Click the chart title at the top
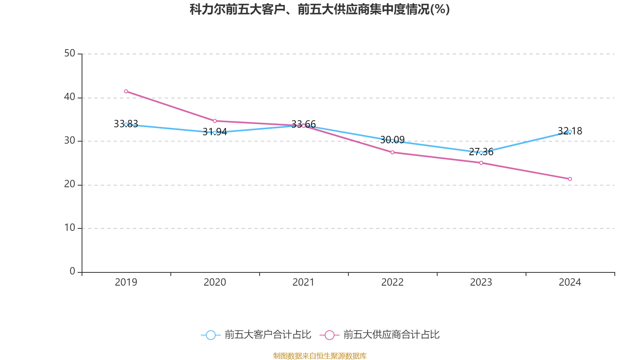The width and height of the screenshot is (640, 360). pos(319,9)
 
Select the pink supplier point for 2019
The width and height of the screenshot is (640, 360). pos(126,91)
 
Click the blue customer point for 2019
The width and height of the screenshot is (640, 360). pos(126,124)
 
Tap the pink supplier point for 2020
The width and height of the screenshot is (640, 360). pos(215,121)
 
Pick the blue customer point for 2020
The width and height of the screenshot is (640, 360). pos(215,132)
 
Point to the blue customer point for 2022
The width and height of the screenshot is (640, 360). pos(392,141)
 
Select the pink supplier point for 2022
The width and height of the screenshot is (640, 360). pos(392,152)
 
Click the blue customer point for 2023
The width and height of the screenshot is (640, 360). pos(481,152)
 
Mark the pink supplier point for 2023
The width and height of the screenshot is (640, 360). pos(481,163)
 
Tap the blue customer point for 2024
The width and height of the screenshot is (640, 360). pos(570,132)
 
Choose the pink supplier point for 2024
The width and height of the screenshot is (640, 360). pos(570,179)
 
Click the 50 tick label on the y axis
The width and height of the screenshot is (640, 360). pos(70,54)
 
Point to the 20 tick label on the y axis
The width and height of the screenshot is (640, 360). pos(70,184)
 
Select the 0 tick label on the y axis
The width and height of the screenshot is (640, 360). pos(72,272)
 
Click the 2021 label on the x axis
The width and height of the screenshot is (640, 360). pos(304,282)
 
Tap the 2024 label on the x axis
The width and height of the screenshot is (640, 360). pos(570,282)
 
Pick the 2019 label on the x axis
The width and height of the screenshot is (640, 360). pos(126,282)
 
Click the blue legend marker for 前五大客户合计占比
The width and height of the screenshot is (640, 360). pos(211,335)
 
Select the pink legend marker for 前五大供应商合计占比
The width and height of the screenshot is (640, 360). pos(330,335)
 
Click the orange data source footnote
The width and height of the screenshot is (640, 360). pos(320,356)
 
